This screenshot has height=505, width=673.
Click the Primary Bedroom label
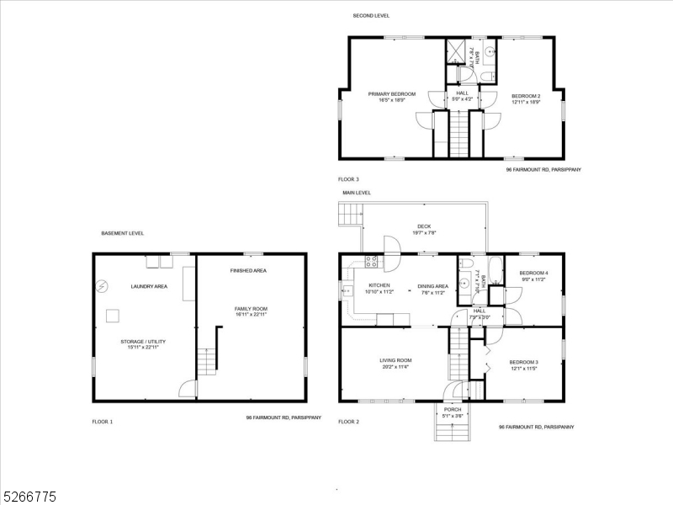pyautogui.click(x=391, y=94)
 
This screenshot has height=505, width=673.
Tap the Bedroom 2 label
pyautogui.click(x=526, y=96)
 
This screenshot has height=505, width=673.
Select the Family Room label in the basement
pyautogui.click(x=251, y=309)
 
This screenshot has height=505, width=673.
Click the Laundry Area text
pyautogui.click(x=149, y=286)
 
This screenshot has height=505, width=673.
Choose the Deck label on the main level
pyautogui.click(x=425, y=226)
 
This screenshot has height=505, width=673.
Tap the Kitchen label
pyautogui.click(x=379, y=285)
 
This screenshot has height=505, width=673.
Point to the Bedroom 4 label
pyautogui.click(x=533, y=273)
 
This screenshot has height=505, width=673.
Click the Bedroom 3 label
pyautogui.click(x=523, y=362)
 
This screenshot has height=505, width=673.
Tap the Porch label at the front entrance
pyautogui.click(x=453, y=410)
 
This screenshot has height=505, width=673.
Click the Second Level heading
pyautogui.click(x=370, y=15)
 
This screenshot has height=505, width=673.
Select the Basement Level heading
pyautogui.click(x=122, y=232)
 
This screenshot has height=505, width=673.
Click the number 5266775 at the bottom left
pyautogui.click(x=29, y=497)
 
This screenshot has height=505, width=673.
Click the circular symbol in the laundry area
pyautogui.click(x=102, y=285)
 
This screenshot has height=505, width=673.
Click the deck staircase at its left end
pyautogui.click(x=348, y=217)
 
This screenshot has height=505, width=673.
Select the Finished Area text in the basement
pyautogui.click(x=248, y=271)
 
